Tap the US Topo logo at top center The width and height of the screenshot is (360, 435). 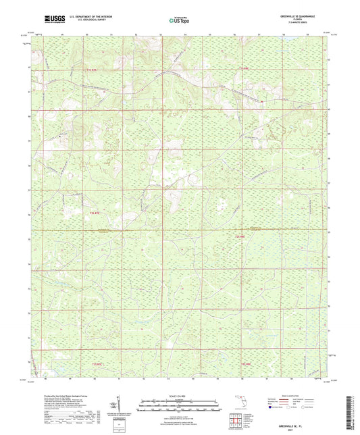pyautogui.click(x=178, y=20)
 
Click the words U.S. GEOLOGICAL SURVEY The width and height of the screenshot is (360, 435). pyautogui.click(x=85, y=20)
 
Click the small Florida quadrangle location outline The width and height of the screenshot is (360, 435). pyautogui.click(x=237, y=400)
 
